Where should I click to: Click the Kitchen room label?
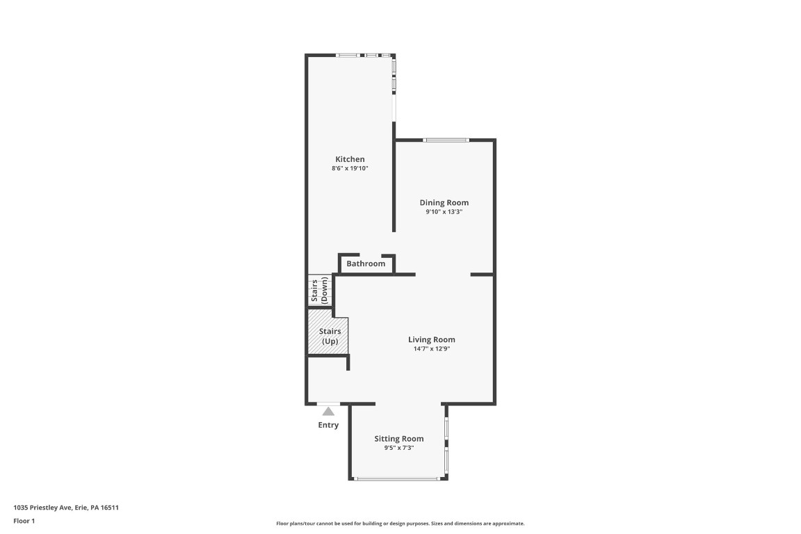350,159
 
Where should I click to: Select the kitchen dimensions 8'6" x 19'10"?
350,168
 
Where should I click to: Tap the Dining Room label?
444,202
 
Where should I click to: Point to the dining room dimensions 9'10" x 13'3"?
444,211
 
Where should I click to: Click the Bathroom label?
366,264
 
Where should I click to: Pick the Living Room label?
431,339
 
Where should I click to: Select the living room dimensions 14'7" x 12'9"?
431,348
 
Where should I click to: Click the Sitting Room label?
398,438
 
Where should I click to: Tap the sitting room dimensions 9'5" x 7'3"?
398,448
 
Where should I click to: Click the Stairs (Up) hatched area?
327,337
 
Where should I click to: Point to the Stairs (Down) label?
319,291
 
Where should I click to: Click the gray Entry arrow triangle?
328,412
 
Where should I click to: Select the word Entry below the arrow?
328,425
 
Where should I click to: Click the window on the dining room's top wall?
446,140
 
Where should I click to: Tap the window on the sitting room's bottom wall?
396,478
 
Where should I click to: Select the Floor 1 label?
24,520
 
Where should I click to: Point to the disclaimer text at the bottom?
400,524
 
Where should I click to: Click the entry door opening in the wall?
328,403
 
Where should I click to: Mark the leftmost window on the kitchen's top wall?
348,55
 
